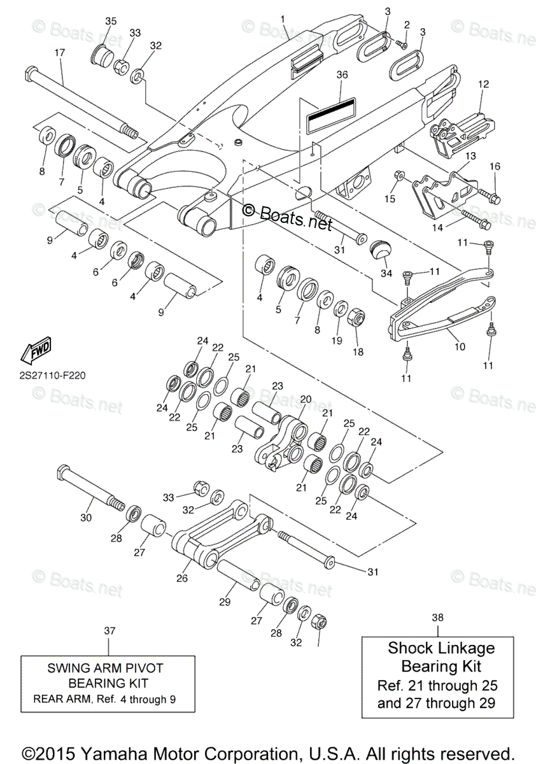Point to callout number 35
click(x=111, y=21)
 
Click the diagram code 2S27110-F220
click(x=48, y=375)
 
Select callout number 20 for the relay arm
click(x=306, y=399)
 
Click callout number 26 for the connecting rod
click(x=182, y=579)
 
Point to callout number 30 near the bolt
click(x=86, y=518)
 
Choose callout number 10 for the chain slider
click(x=460, y=346)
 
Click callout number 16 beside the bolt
click(x=495, y=167)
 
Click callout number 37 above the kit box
click(x=109, y=630)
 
